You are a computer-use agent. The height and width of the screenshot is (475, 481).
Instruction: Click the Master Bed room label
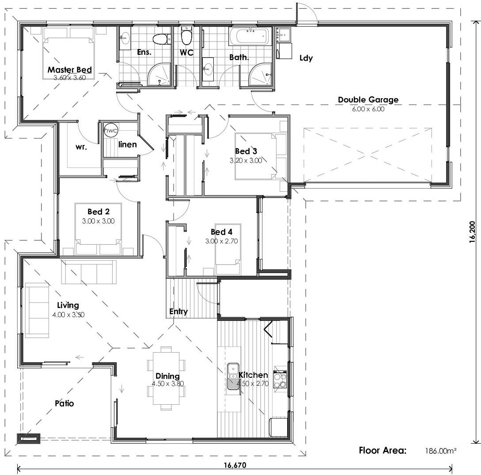(70, 70)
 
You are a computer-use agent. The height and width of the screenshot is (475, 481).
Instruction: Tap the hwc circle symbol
(110, 130)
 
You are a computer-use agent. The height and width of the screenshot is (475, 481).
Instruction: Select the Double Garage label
(368, 100)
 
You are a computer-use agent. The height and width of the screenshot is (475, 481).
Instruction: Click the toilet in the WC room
(186, 36)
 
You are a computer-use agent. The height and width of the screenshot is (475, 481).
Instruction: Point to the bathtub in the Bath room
(250, 37)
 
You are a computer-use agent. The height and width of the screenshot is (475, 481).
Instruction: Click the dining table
(166, 378)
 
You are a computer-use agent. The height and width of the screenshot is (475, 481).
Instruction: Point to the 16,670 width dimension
(235, 465)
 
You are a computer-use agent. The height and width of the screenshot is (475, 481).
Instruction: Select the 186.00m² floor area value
(440, 451)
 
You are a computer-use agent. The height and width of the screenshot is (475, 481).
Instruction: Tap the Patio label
(64, 403)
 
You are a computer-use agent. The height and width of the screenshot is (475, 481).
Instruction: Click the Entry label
(178, 312)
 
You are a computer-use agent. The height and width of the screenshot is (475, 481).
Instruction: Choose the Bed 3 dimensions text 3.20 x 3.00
(246, 160)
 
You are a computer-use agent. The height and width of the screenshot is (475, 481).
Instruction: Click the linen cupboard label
(128, 144)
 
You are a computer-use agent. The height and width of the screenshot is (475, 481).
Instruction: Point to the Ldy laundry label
(306, 58)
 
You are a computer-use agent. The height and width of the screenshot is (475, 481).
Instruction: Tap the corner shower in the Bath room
(260, 75)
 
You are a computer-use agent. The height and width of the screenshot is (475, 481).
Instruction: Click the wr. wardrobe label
(81, 147)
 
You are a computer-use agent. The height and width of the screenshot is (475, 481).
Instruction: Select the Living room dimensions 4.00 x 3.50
(68, 315)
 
